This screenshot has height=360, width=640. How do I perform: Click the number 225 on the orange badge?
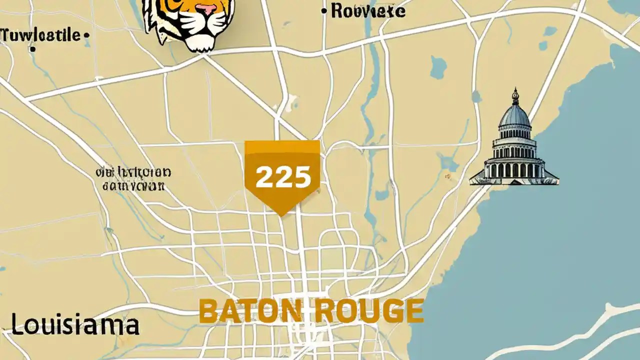click(282, 177)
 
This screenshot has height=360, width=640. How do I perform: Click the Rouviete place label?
click(367, 11)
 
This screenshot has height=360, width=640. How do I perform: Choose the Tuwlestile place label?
click(41, 35)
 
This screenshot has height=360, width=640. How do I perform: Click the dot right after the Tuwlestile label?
click(86, 35)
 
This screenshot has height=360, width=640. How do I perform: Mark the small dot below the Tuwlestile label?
click(33, 49)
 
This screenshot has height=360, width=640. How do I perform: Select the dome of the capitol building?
click(514, 116)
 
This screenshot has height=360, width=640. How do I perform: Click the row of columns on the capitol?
click(514, 170)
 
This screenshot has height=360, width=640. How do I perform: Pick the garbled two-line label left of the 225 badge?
click(133, 179)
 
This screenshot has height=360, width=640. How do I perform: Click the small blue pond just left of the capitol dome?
click(476, 96)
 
